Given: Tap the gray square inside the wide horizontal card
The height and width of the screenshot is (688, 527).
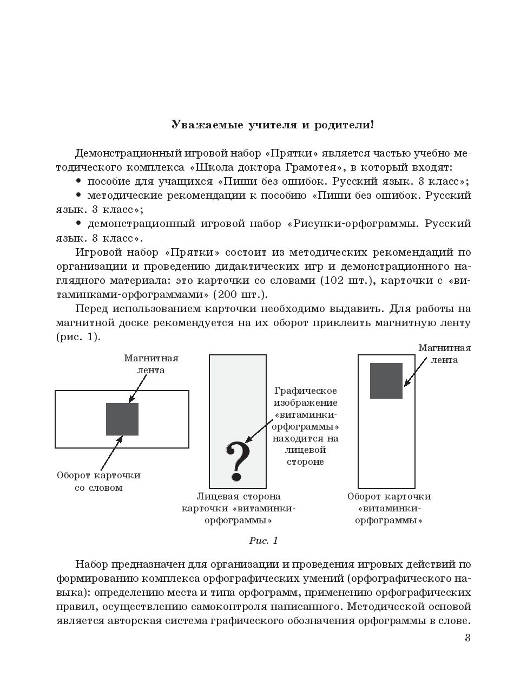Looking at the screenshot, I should click(122, 419).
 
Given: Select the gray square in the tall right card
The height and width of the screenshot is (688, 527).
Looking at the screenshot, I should click(386, 381).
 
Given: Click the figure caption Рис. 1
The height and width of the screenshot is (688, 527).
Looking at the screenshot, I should click(263, 541).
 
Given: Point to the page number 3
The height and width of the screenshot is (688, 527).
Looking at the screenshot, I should click(467, 638).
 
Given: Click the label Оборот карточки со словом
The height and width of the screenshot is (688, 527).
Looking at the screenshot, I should click(98, 482).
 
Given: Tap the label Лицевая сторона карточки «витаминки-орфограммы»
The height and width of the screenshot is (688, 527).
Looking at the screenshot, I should click(239, 508).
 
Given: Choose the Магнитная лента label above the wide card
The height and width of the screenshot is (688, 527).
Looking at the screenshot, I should click(151, 364).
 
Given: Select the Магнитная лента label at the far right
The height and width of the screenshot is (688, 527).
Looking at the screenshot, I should click(444, 354).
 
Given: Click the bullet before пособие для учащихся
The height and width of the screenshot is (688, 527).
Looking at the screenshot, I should click(79, 180).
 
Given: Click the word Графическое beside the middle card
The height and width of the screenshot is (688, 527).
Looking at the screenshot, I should click(306, 391).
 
